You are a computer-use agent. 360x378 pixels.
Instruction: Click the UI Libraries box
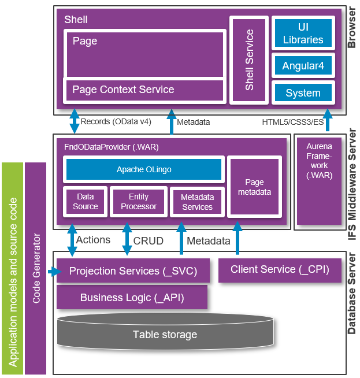303,34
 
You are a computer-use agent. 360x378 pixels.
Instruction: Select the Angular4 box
303,66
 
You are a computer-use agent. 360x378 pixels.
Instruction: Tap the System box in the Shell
303,92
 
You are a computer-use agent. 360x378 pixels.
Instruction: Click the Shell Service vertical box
249,60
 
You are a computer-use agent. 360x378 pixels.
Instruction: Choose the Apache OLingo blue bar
144,169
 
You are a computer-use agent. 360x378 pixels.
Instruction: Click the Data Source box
86,202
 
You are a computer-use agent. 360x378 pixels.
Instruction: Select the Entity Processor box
139,202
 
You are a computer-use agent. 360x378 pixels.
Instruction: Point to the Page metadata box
254,187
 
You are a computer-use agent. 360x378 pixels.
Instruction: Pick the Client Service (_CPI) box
280,269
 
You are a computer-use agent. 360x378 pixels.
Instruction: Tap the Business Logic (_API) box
132,298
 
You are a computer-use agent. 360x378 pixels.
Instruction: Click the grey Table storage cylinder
165,335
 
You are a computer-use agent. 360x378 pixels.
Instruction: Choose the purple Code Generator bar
36,268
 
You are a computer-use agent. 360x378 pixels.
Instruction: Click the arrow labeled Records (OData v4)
75,122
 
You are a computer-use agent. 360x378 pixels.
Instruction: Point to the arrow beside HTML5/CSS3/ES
328,121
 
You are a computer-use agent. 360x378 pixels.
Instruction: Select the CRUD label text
149,240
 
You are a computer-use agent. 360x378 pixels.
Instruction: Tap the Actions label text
93,239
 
